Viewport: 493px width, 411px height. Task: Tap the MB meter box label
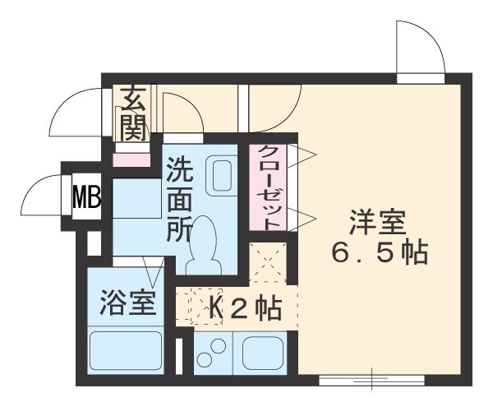click(x=86, y=197)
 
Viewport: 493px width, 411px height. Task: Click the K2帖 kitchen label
click(x=246, y=308)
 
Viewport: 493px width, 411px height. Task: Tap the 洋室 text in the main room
click(x=380, y=222)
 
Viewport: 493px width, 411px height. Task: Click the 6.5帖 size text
click(x=380, y=253)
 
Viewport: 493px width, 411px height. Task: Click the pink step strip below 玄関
click(x=132, y=158)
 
